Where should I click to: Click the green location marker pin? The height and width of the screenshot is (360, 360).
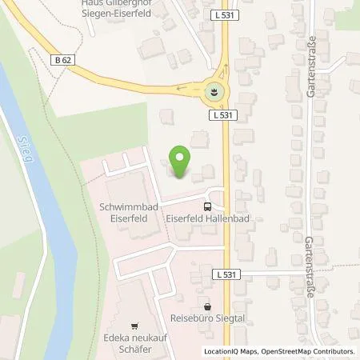pyautogui.click(x=180, y=162)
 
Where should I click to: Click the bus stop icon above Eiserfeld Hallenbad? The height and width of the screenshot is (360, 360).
pyautogui.click(x=208, y=205)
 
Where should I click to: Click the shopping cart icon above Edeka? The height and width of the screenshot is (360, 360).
pyautogui.click(x=134, y=326)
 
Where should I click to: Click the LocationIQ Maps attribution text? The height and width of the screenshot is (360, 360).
pyautogui.click(x=231, y=351)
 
